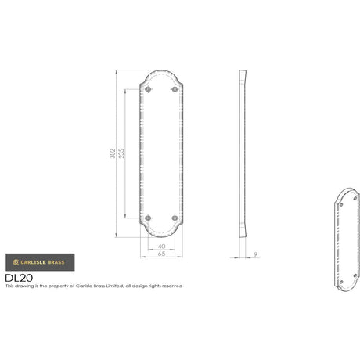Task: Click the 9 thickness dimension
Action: [256, 254]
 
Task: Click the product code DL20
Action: [18, 277]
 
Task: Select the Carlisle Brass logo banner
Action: [40, 261]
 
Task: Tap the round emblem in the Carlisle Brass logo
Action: [14, 261]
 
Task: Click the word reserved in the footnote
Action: [171, 286]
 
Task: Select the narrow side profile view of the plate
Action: [242, 153]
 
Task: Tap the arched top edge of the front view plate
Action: [160, 73]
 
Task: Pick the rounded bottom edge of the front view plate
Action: [160, 235]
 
